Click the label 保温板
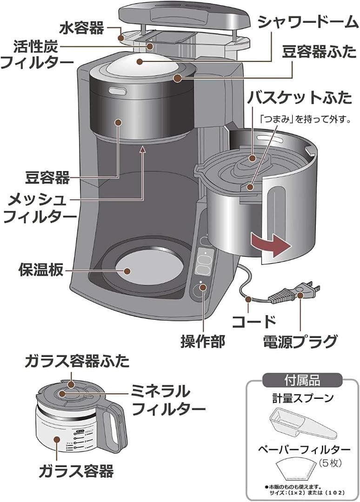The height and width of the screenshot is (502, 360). click(x=40, y=270)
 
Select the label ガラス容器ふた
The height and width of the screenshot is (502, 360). click(x=77, y=361)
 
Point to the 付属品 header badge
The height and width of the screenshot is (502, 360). click(x=302, y=380)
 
